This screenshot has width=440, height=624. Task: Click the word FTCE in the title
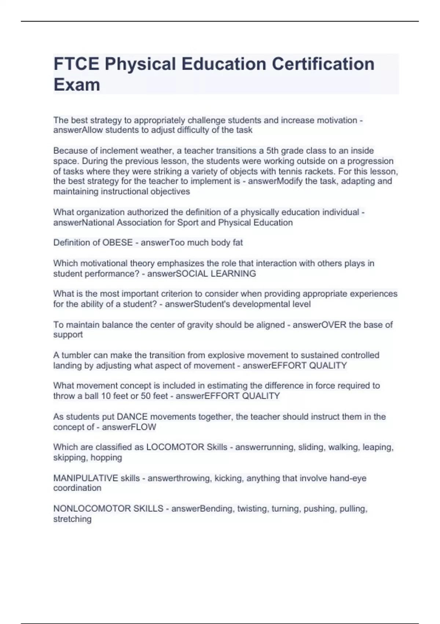pos(76,64)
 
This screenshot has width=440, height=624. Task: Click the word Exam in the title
pos(77,85)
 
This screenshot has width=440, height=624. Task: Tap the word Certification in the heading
pos(323,64)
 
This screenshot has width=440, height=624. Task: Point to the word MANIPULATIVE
pos(86,478)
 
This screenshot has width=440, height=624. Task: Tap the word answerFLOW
pos(129,427)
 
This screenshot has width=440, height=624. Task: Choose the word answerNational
pos(84,222)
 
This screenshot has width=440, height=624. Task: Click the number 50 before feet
pos(146,396)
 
